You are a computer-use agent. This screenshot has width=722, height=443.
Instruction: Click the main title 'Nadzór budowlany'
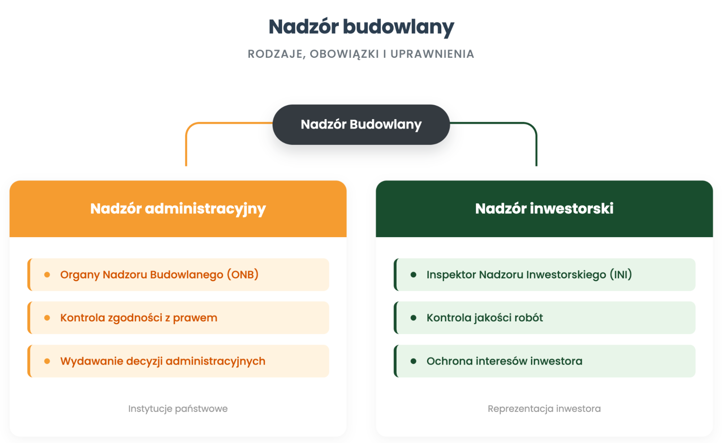(361, 27)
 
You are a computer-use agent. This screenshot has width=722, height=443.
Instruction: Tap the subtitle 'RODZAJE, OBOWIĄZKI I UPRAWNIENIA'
(361, 54)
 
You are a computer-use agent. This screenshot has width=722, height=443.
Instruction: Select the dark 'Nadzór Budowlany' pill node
(361, 125)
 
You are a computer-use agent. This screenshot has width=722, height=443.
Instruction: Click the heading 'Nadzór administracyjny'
(178, 209)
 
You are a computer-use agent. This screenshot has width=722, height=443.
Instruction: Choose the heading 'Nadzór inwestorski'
(544, 209)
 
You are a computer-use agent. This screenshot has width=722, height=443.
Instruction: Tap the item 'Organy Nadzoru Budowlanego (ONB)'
(159, 275)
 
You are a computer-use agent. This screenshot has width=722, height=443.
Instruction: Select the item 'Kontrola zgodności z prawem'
(139, 318)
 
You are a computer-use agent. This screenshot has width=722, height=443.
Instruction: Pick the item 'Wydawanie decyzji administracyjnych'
(163, 361)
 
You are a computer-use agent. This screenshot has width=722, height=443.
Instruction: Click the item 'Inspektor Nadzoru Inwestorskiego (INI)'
(529, 275)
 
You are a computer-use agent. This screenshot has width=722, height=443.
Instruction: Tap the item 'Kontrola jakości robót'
(485, 318)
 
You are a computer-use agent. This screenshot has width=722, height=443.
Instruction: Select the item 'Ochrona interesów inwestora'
(505, 361)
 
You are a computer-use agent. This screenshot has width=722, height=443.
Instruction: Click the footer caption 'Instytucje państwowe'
(178, 409)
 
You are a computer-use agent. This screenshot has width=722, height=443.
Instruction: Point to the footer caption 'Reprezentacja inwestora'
(544, 409)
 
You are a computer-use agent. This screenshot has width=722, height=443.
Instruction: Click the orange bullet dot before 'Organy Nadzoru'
(47, 275)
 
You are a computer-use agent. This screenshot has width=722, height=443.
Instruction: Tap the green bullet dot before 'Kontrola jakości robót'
(414, 318)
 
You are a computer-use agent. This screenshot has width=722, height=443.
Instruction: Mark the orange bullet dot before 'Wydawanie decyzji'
(47, 361)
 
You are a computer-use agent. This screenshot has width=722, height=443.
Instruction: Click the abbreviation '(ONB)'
(243, 275)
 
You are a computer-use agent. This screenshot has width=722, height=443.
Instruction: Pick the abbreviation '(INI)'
(621, 275)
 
